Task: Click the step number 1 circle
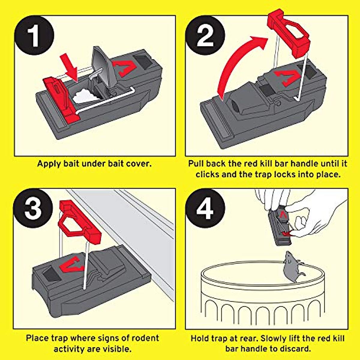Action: (34, 36)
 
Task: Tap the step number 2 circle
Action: (205, 35)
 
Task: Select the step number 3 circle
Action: (33, 208)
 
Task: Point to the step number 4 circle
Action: (205, 208)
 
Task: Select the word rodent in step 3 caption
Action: (144, 338)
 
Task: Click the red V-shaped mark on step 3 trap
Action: (72, 264)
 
